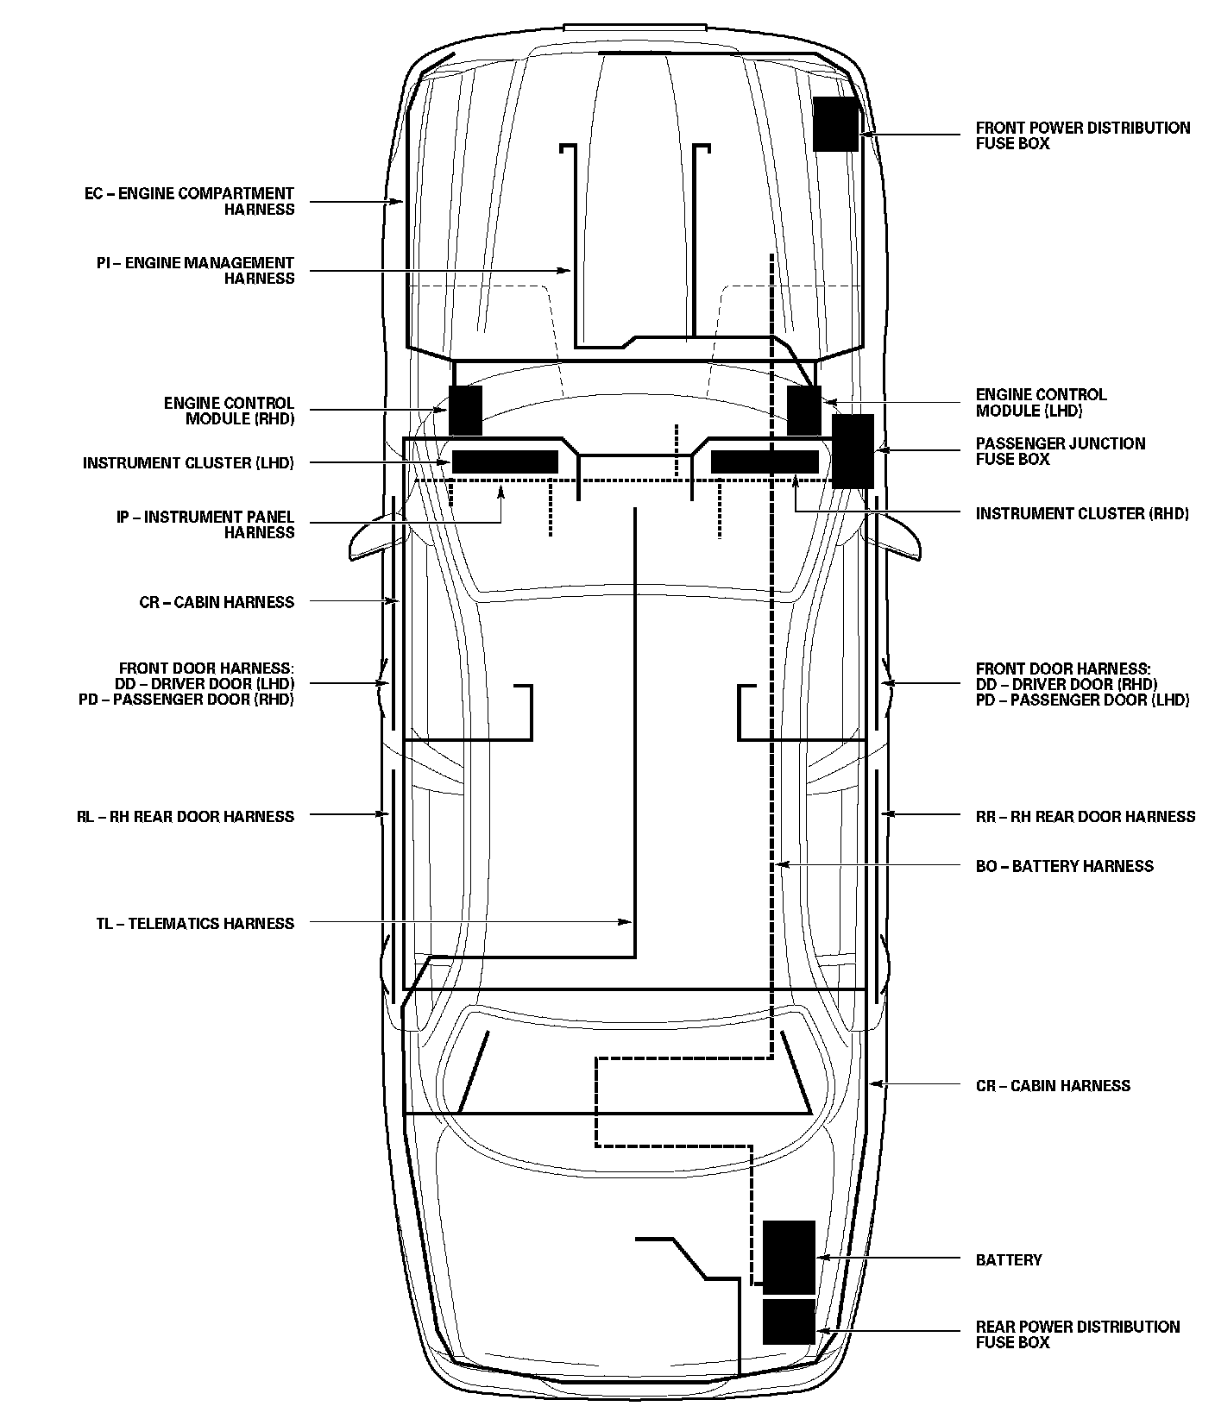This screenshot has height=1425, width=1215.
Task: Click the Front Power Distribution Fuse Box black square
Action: [835, 124]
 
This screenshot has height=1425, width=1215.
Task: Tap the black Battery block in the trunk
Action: [789, 1258]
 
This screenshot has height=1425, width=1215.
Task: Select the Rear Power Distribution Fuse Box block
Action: [789, 1321]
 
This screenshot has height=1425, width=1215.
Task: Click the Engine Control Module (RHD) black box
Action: [465, 411]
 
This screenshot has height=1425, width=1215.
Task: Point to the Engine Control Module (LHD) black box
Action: [804, 411]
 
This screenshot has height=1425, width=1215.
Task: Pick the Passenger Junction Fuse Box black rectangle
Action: [853, 451]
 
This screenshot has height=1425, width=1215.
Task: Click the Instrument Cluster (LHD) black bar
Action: [505, 462]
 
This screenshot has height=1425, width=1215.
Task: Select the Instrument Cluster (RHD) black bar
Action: [765, 462]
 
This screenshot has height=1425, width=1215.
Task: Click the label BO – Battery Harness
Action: [1064, 866]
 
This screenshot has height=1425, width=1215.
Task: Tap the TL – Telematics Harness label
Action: [195, 924]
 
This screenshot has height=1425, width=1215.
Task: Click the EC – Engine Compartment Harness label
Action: [189, 201]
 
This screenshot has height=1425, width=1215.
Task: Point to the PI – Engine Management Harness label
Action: [195, 270]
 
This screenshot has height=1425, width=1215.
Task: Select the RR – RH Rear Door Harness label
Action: [1086, 816]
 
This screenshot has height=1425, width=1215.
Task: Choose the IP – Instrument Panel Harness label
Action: [205, 524]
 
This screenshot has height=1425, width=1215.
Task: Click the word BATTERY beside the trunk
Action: [1009, 1260]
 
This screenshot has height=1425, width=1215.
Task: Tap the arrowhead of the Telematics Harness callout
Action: [628, 923]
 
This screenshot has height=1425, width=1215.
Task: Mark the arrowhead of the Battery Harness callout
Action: [780, 864]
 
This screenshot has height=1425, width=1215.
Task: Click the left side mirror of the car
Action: [369, 540]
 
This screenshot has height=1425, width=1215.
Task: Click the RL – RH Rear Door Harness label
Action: [185, 816]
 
